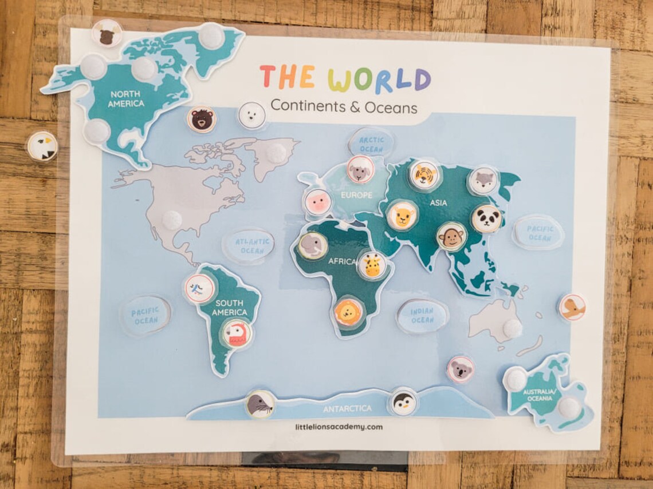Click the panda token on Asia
click(x=486, y=219)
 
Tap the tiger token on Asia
click(x=424, y=175)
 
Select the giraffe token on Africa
click(x=372, y=265)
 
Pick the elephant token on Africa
click(x=312, y=246)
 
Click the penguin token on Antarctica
click(x=403, y=402)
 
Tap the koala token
click(x=461, y=369)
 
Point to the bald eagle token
click(x=42, y=146)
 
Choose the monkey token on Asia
click(x=451, y=237)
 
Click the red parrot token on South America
click(x=237, y=333)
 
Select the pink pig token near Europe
click(x=318, y=202)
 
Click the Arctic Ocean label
click(x=371, y=144)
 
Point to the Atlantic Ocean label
click(x=249, y=246)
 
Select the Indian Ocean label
click(x=422, y=316)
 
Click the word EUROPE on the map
click(x=356, y=195)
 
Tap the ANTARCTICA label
click(x=347, y=409)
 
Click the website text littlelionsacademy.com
click(x=339, y=427)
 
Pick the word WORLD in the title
click(x=379, y=79)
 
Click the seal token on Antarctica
click(x=260, y=404)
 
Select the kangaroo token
click(x=572, y=308)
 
